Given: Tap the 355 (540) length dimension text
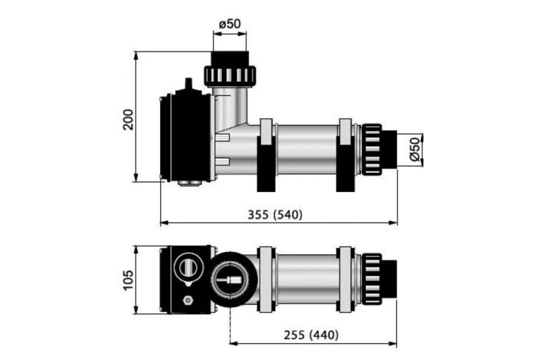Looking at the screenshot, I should (x=275, y=215).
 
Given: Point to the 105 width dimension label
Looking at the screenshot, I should (x=128, y=280).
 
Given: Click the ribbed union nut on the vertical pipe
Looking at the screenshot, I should (x=229, y=75).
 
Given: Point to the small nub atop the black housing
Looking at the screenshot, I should (x=188, y=83).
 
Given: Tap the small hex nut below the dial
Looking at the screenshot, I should (x=188, y=300).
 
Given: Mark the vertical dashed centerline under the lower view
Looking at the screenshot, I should (x=229, y=325).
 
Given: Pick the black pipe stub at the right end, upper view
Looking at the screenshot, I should (x=389, y=149).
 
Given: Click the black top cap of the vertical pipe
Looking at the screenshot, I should (x=229, y=58).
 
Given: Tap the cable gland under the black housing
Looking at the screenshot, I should (x=189, y=183).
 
